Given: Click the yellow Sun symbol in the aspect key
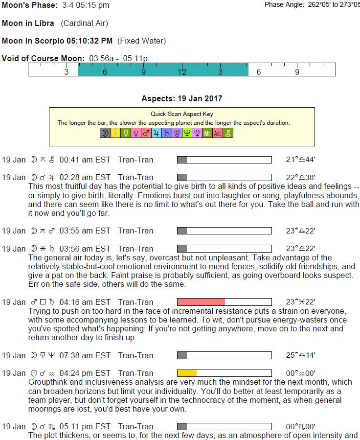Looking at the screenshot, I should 115,133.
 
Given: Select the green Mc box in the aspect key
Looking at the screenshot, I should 207,133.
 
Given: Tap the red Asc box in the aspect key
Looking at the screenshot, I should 218,133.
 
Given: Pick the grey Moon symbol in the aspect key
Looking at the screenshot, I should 105,133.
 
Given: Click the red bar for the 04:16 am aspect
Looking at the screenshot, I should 201,302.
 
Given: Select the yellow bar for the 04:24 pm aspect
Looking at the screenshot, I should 187,373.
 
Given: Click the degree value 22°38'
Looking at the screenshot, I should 300,177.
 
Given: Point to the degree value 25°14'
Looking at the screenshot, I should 300,355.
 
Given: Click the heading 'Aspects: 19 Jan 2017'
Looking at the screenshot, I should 181,98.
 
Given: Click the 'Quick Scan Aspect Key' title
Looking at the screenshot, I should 182,114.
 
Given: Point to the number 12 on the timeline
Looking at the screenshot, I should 182,72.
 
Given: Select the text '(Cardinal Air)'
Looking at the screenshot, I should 84,23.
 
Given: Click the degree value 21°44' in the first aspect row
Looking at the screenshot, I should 300,160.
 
